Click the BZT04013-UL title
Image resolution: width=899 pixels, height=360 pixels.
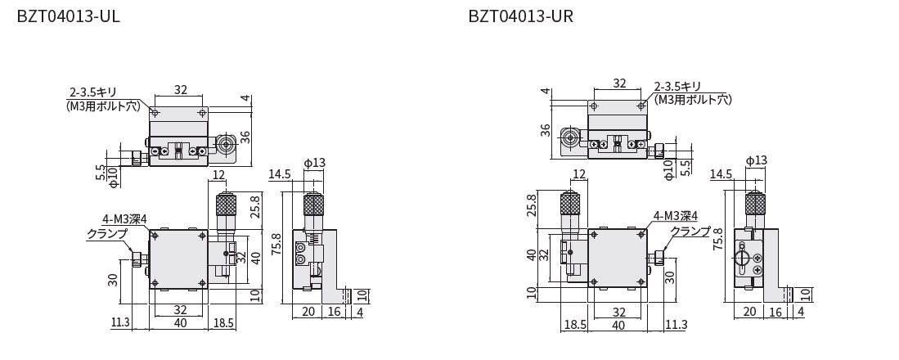(68, 16)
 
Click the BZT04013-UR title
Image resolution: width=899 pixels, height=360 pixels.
(520, 16)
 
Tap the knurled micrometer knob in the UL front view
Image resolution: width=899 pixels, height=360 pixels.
(226, 205)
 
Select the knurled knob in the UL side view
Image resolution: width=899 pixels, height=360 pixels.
(313, 205)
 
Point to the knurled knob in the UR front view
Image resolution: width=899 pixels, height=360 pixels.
(569, 205)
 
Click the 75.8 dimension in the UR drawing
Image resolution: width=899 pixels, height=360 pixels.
(717, 236)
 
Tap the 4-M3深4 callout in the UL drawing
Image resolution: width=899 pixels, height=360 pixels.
(125, 219)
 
